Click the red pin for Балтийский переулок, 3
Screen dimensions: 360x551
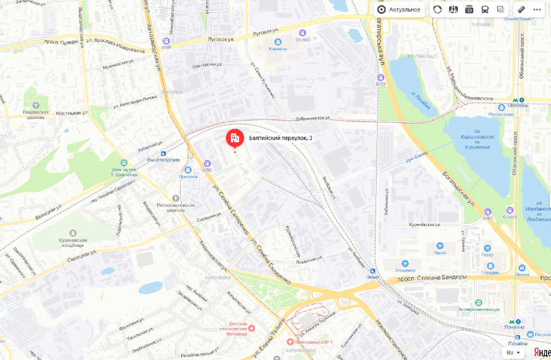coord(235,137)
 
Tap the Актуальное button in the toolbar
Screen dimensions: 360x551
coord(399,9)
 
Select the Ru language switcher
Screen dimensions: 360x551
coord(513,352)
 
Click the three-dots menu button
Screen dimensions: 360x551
coord(537,9)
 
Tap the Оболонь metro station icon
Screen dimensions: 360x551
coord(514,100)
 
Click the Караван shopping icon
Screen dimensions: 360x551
coord(278,41)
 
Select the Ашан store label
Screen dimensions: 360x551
coord(439,252)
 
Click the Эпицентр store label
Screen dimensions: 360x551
coord(405,270)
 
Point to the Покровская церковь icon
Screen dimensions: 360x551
coord(36,105)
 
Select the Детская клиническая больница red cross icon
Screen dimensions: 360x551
coord(252,329)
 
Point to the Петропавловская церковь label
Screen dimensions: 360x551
coord(175,207)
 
